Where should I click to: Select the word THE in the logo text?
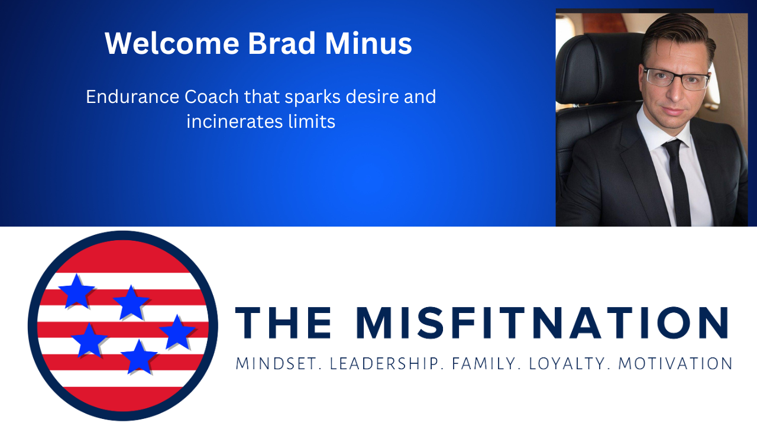pyautogui.click(x=283, y=323)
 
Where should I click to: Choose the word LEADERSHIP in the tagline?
pyautogui.click(x=386, y=363)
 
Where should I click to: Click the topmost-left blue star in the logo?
pyautogui.click(x=77, y=291)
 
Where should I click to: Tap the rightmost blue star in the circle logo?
pyautogui.click(x=177, y=332)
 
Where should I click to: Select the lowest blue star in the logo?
pyautogui.click(x=139, y=357)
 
